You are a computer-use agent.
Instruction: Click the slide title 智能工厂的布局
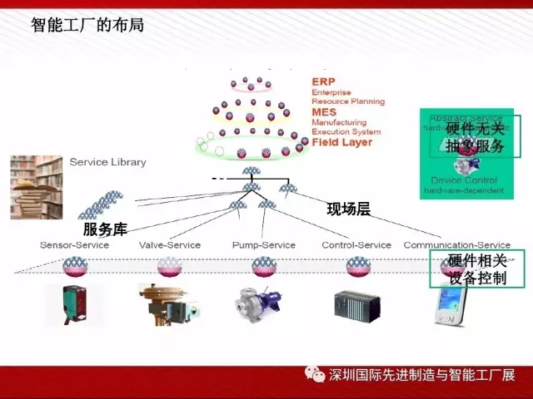[87, 25]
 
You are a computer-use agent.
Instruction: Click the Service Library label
[107, 161]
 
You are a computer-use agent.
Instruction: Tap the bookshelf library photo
[36, 187]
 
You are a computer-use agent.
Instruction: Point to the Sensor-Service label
[74, 245]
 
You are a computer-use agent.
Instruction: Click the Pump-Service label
[264, 245]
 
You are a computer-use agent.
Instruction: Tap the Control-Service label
[356, 245]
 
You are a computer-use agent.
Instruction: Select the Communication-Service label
[456, 245]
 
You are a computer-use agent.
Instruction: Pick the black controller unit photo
[356, 305]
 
